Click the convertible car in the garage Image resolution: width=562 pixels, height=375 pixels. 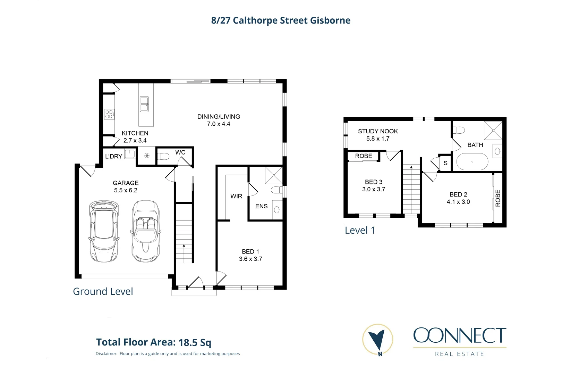pyautogui.click(x=146, y=231)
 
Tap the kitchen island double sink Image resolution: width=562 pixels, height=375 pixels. pyautogui.click(x=144, y=104)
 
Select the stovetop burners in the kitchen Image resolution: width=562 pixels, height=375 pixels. pyautogui.click(x=109, y=114)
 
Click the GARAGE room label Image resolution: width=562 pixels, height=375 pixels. pyautogui.click(x=126, y=183)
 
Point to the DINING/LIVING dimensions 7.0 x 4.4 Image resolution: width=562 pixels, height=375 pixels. pyautogui.click(x=219, y=124)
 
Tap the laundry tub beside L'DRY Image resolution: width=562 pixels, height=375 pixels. pyautogui.click(x=130, y=154)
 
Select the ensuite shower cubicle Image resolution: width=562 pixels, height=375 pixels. pyautogui.click(x=274, y=175)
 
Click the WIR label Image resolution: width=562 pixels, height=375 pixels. pyautogui.click(x=236, y=196)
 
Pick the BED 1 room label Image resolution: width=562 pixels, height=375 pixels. pyautogui.click(x=250, y=251)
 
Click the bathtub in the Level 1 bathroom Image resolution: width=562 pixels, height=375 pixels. pyautogui.click(x=472, y=162)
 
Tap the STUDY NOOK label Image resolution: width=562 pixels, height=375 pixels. pyautogui.click(x=378, y=131)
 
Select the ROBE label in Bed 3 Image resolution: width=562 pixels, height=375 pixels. pyautogui.click(x=364, y=156)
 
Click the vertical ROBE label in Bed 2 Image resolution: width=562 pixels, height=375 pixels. pyautogui.click(x=498, y=198)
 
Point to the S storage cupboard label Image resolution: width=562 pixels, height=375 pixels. pyautogui.click(x=445, y=163)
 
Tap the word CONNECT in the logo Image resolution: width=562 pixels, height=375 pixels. pyautogui.click(x=460, y=335)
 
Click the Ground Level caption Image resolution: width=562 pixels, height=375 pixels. pyautogui.click(x=103, y=291)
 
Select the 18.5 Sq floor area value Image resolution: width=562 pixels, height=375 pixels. pyautogui.click(x=195, y=343)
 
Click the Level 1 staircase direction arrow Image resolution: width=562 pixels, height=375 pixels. pyautogui.click(x=411, y=168)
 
